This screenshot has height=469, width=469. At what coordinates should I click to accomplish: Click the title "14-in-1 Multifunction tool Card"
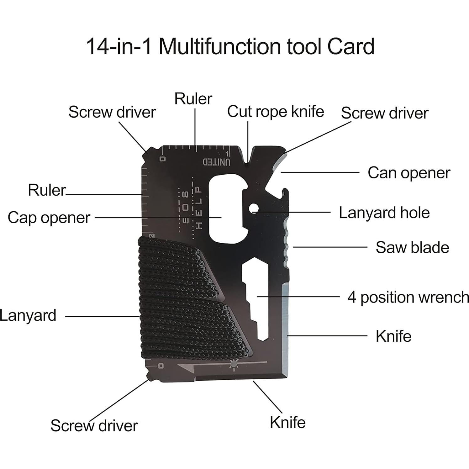tap(230, 46)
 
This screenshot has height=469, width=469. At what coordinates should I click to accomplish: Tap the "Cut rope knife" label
tap(276, 112)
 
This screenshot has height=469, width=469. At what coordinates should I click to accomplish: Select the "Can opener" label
tap(409, 173)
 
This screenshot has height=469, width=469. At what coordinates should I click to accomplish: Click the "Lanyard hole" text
tap(384, 213)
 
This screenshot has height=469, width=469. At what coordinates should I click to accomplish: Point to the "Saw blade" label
tap(412, 247)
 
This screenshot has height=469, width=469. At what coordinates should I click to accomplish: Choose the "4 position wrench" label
tap(408, 297)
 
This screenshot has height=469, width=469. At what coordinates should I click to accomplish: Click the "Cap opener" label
tap(49, 218)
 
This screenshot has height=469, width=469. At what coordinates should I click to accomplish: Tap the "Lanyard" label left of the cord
tap(28, 315)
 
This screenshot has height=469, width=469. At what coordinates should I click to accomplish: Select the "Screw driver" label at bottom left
tap(94, 426)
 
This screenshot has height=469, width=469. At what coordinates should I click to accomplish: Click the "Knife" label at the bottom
tap(287, 422)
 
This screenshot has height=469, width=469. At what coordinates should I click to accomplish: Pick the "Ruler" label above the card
tap(193, 99)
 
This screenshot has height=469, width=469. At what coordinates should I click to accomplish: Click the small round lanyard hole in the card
tap(254, 208)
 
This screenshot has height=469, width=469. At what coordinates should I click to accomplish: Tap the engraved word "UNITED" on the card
tap(217, 162)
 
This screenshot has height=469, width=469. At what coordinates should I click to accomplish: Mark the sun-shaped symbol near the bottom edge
tap(233, 365)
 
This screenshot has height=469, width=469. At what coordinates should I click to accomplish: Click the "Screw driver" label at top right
tap(384, 113)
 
